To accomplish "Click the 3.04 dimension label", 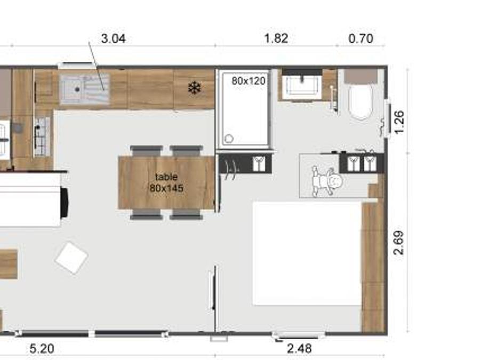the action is [113, 39].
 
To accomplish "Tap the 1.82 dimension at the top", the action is [276, 38].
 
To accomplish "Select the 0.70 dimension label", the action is [361, 38].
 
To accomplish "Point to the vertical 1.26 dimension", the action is [399, 122].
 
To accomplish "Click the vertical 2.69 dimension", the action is [398, 243].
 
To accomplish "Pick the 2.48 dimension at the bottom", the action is [299, 348].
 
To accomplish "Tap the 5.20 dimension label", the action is [42, 348].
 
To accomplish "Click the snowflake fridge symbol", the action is [194, 88].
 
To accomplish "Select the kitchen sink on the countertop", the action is [84, 89].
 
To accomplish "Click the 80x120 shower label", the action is [248, 81].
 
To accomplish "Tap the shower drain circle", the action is [229, 139].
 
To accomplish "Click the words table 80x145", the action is [166, 182].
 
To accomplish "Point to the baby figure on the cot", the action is [326, 181].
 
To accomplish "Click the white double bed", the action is [307, 253].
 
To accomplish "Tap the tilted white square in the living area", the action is [71, 258].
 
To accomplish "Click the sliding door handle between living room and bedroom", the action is [211, 291].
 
